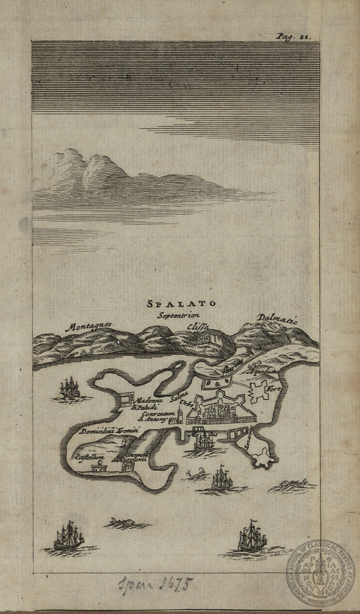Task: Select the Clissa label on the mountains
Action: point(199,327)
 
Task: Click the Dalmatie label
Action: point(278,319)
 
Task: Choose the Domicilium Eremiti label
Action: point(109,432)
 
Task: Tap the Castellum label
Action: point(89,456)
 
